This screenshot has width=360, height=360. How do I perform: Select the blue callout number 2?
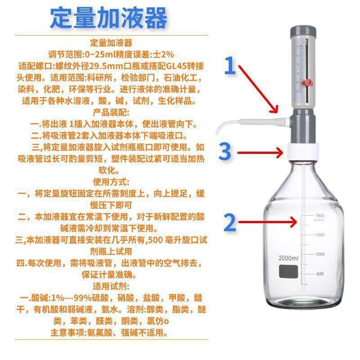coord(230,222)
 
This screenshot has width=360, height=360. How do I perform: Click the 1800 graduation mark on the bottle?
coord(320,216)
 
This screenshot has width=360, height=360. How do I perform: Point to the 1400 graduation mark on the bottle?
coord(320,235)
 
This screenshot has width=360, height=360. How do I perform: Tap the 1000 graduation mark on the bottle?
coord(320,254)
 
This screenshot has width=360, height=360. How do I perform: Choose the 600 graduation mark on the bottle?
coord(320,274)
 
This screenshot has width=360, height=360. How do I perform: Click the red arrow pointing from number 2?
coord(268,222)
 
